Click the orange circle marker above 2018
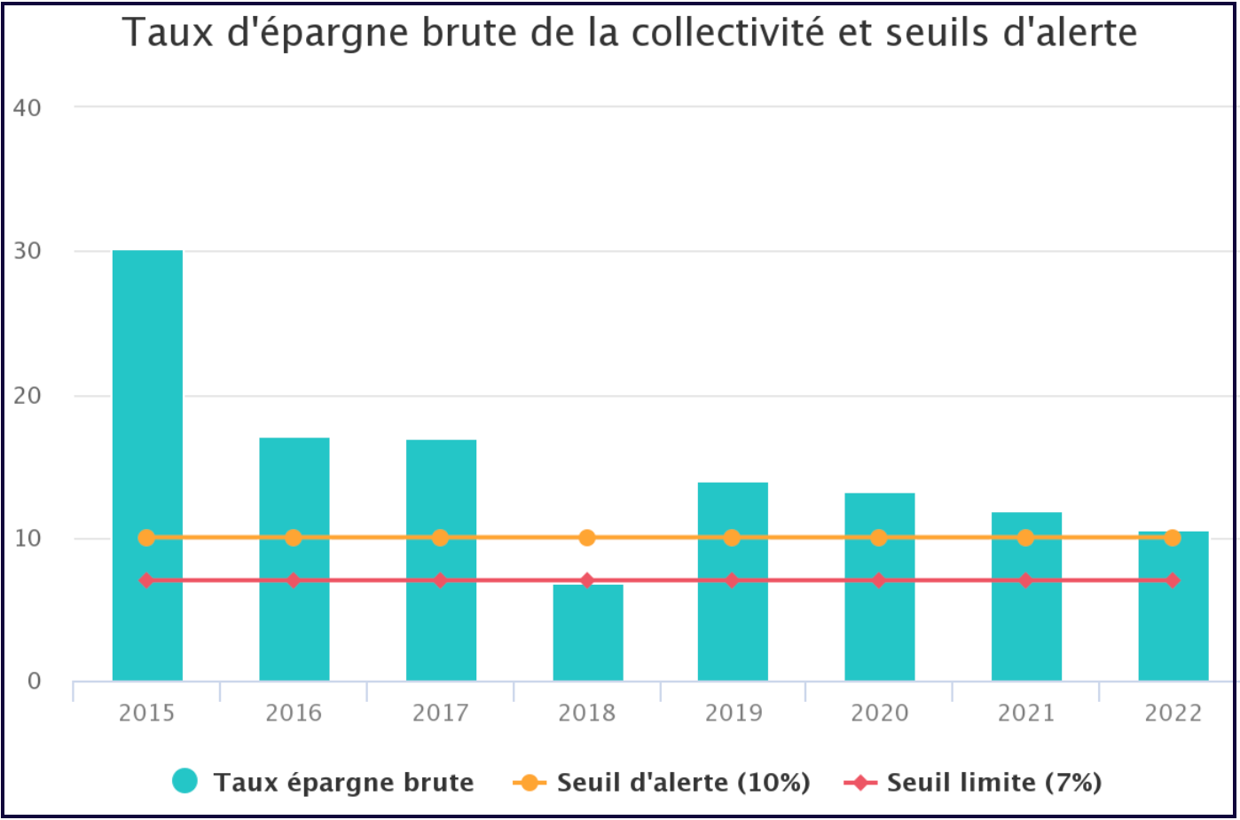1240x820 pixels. tap(587, 538)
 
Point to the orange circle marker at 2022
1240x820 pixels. tap(1173, 538)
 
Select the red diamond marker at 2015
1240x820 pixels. tap(147, 580)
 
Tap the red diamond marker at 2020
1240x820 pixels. tap(879, 580)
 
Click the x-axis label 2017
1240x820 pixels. tap(440, 713)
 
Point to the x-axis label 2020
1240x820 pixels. tap(879, 713)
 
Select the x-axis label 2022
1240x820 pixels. tap(1173, 713)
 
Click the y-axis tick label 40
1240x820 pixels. tap(29, 107)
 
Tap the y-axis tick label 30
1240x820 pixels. tap(29, 251)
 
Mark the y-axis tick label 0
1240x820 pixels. tap(35, 682)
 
